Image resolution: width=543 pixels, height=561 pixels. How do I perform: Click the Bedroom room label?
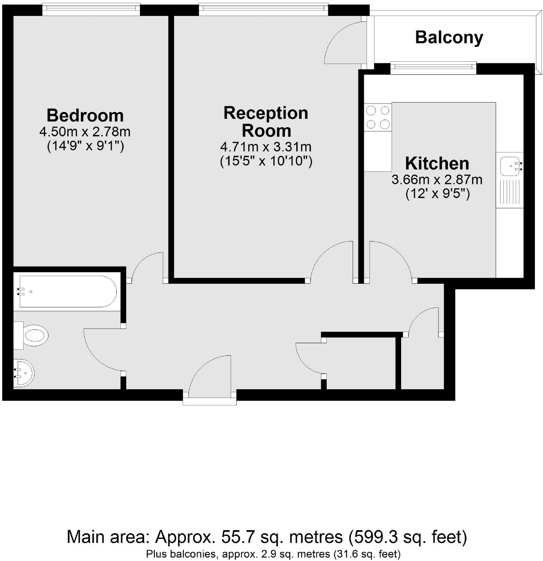click(85, 115)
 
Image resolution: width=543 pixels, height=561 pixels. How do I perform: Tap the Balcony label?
click(449, 37)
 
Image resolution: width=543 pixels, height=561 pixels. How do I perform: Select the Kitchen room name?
click(437, 163)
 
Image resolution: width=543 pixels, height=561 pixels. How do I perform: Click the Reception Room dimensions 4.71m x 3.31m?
click(266, 147)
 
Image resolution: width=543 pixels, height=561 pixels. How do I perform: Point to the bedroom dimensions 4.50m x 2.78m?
click(85, 132)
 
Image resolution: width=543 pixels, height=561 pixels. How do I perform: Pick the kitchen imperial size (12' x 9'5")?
click(437, 194)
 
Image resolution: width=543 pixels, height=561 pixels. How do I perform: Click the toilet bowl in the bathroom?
click(35, 336)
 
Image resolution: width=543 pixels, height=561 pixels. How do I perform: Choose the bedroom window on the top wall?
click(91, 10)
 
